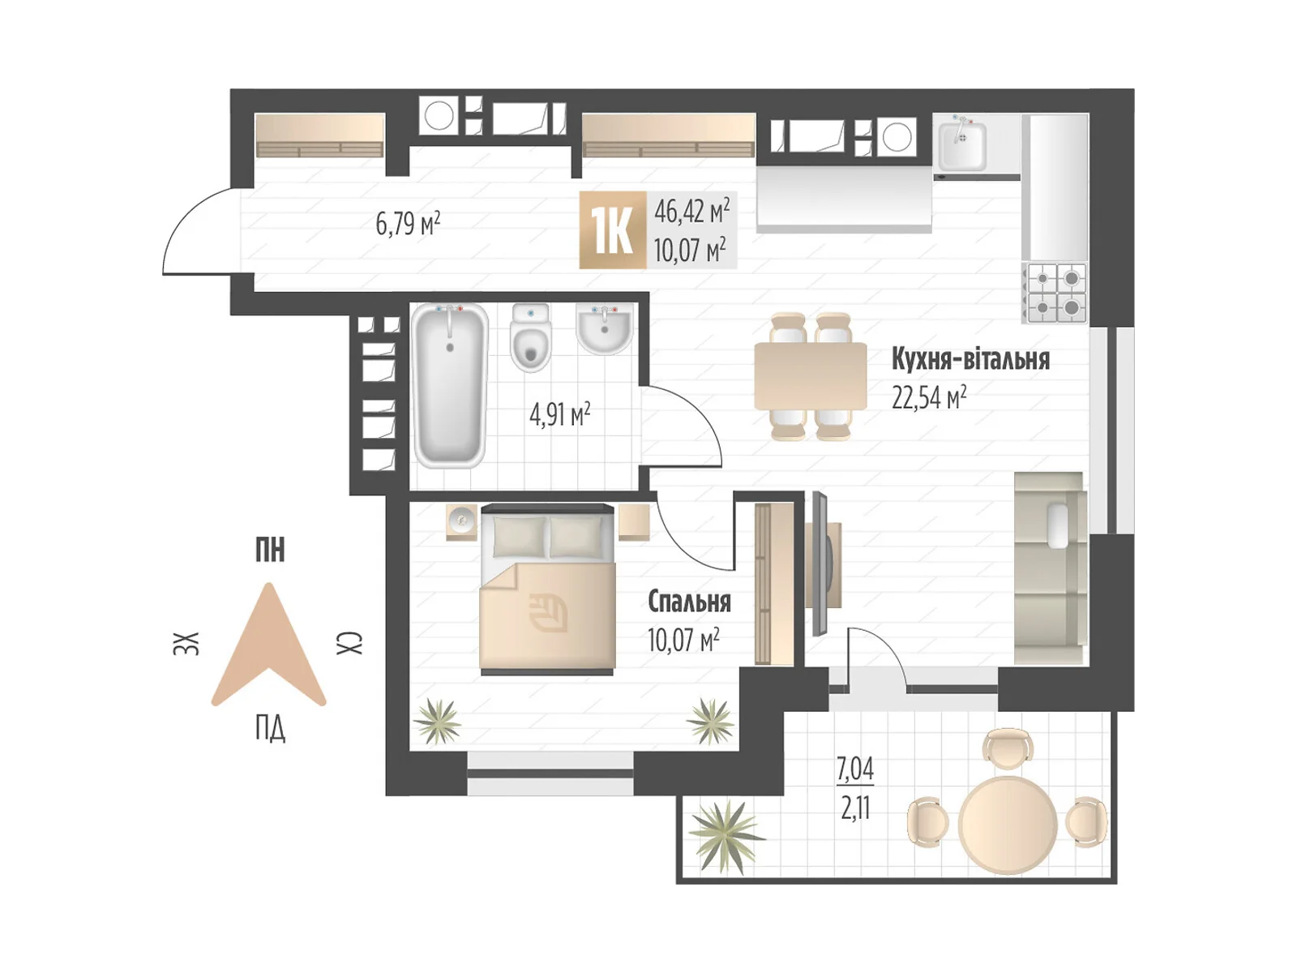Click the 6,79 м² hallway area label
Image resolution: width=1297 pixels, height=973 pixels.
pyautogui.click(x=408, y=224)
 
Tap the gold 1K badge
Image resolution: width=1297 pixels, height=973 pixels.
pyautogui.click(x=612, y=230)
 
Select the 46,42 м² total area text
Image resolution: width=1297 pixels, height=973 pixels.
pyautogui.click(x=691, y=211)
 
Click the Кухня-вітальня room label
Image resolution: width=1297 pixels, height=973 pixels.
pyautogui.click(x=970, y=360)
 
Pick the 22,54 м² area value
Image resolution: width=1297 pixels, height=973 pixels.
pyautogui.click(x=929, y=397)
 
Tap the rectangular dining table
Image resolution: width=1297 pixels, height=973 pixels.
pyautogui.click(x=810, y=375)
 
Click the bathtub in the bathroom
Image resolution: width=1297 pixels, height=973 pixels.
pyautogui.click(x=450, y=385)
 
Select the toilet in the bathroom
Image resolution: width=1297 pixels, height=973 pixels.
pyautogui.click(x=531, y=338)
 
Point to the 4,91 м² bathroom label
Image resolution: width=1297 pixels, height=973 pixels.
pyautogui.click(x=559, y=414)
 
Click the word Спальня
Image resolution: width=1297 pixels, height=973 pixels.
pyautogui.click(x=689, y=602)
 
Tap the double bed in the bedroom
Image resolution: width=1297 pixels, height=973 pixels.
pyautogui.click(x=547, y=589)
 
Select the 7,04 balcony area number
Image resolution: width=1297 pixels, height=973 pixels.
pyautogui.click(x=855, y=769)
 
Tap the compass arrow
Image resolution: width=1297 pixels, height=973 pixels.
pyautogui.click(x=269, y=645)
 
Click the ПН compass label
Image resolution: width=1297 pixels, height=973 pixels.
pyautogui.click(x=270, y=550)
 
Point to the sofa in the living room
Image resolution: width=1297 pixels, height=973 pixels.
pyautogui.click(x=1051, y=568)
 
